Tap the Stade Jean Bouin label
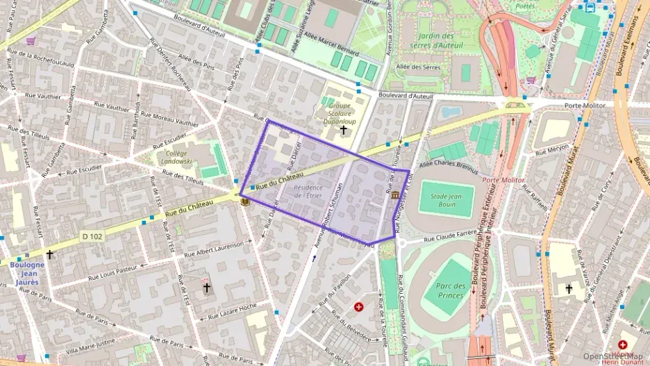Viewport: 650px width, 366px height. (447, 200)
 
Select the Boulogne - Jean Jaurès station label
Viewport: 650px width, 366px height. (27, 269)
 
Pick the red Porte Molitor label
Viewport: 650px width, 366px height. (503, 180)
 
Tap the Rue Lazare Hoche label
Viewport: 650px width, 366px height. (233, 306)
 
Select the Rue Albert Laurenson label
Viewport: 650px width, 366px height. (219, 249)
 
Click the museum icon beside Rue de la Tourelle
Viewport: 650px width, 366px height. (395, 196)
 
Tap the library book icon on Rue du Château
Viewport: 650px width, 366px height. (244, 202)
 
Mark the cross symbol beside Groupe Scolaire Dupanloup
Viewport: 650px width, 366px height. (343, 130)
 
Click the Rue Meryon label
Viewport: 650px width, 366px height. (553, 148)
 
